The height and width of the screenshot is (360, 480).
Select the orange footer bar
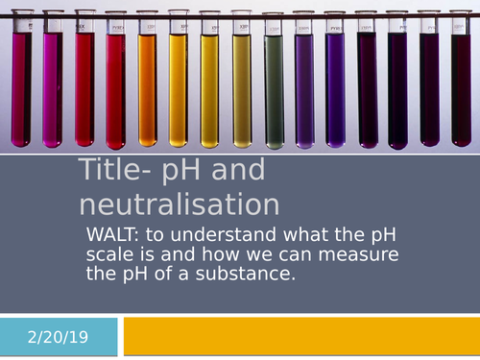click(300, 336)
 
